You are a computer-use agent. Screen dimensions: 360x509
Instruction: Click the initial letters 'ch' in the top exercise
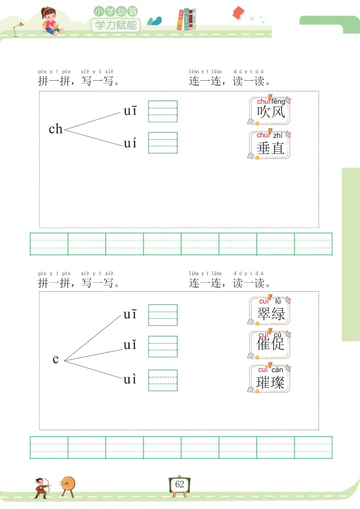point(56,129)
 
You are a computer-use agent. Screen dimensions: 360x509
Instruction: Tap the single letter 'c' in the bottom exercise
point(56,359)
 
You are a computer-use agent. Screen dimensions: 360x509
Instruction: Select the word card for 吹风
point(270,111)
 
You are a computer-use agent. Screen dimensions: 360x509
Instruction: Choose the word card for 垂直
point(270,145)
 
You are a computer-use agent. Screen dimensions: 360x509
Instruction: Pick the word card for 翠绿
point(270,311)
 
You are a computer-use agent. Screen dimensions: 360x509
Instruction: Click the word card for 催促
point(270,345)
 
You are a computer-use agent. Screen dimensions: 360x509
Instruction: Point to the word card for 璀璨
point(270,379)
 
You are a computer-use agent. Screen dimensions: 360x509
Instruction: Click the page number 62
point(180,484)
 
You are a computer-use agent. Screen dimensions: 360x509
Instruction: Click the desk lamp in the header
point(18,29)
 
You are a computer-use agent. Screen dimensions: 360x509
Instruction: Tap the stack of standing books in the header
point(187,19)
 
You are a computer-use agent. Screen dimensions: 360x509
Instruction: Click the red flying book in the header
point(238,13)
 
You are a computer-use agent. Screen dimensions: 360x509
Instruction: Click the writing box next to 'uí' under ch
point(163,143)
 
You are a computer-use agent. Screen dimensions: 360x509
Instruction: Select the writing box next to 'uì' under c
point(163,380)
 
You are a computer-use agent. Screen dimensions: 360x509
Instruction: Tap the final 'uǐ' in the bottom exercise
point(130,345)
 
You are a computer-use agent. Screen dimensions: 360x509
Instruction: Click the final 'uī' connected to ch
point(130,111)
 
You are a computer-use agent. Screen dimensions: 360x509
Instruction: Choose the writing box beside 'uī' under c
point(163,315)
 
